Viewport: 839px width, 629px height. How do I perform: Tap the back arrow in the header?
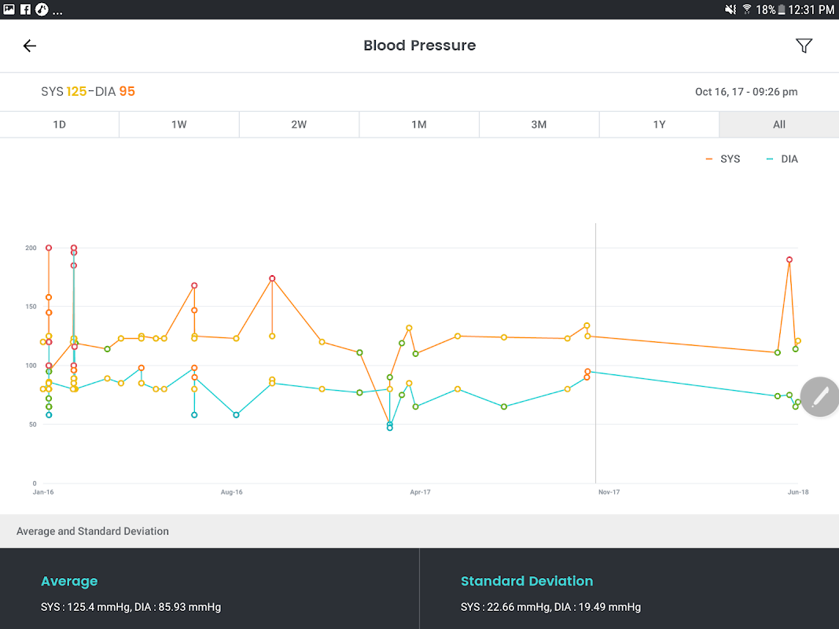pyautogui.click(x=30, y=46)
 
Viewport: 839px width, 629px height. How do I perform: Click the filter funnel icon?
pyautogui.click(x=804, y=46)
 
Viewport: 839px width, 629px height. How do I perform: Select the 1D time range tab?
pyautogui.click(x=59, y=124)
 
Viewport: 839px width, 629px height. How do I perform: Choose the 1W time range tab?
pyautogui.click(x=178, y=124)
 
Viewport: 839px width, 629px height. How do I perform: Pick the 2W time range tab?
pyautogui.click(x=299, y=124)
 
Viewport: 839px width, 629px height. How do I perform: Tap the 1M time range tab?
pyautogui.click(x=419, y=124)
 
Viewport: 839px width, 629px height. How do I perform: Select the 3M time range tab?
pyautogui.click(x=539, y=124)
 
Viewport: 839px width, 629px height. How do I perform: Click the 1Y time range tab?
pyautogui.click(x=659, y=124)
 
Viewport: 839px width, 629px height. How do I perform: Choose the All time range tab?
pyautogui.click(x=778, y=124)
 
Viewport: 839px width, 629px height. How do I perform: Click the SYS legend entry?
pyautogui.click(x=723, y=159)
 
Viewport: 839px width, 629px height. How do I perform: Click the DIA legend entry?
pyautogui.click(x=782, y=159)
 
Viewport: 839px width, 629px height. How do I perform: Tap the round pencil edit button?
pyautogui.click(x=819, y=396)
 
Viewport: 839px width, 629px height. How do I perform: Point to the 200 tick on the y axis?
pyautogui.click(x=31, y=248)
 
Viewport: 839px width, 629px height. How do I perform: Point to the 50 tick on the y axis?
pyautogui.click(x=32, y=425)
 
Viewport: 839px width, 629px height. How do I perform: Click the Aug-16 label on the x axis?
pyautogui.click(x=231, y=492)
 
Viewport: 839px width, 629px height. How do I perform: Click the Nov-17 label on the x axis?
pyautogui.click(x=609, y=492)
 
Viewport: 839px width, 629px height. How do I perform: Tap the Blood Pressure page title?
pyautogui.click(x=419, y=46)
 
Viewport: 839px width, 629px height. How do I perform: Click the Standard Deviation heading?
pyautogui.click(x=526, y=581)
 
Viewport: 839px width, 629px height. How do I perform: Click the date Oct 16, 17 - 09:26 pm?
pyautogui.click(x=745, y=92)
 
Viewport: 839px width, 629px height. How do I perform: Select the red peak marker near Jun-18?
pyautogui.click(x=789, y=259)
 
